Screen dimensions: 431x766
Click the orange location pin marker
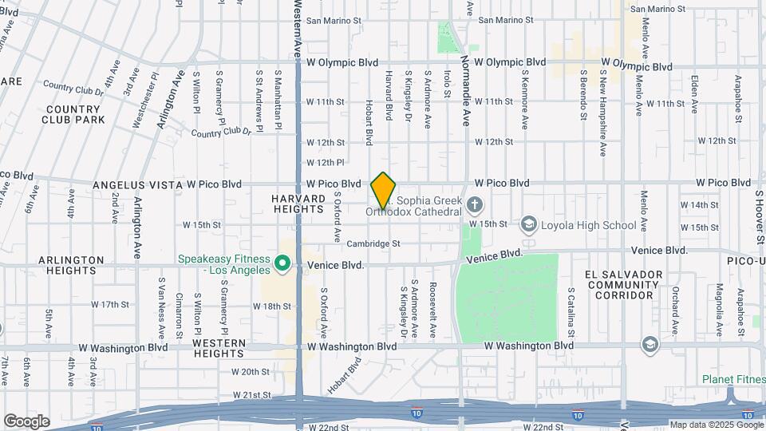tap(384, 191)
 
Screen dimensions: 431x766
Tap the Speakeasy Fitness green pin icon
tap(282, 263)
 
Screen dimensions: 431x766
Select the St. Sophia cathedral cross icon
tap(475, 205)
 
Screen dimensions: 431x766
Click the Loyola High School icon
tap(529, 225)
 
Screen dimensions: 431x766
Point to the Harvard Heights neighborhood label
tap(298, 204)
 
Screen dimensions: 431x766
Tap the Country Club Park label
tap(76, 114)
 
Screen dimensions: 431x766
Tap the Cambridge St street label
tap(373, 244)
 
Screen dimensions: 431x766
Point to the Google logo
tap(26, 421)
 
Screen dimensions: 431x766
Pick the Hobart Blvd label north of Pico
tap(369, 122)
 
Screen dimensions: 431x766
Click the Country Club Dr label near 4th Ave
tap(74, 87)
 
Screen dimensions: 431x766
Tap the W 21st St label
tap(252, 395)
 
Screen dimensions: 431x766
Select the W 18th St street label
tap(277, 306)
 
